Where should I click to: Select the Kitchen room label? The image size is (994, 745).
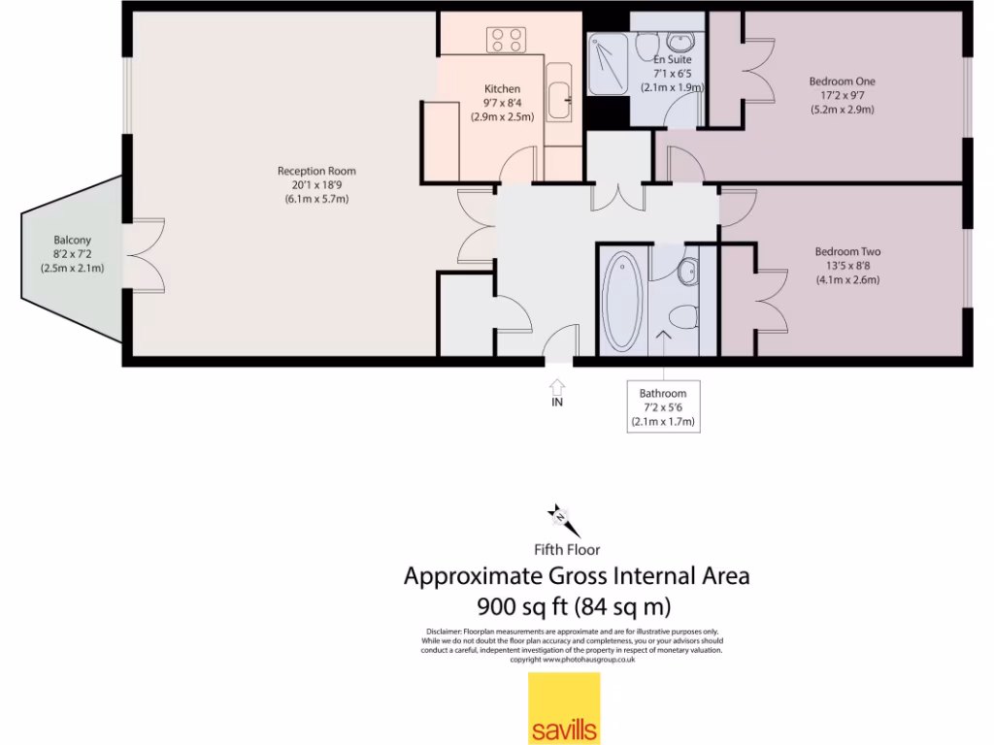click(502, 89)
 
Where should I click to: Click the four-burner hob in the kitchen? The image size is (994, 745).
click(505, 39)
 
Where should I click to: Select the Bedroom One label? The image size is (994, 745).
click(842, 81)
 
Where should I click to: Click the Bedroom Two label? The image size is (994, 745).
click(847, 252)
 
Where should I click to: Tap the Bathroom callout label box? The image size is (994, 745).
click(663, 406)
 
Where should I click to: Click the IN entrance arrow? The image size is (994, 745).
click(558, 387)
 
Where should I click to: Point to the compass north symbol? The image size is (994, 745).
click(561, 519)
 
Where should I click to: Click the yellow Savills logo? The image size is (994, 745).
click(563, 708)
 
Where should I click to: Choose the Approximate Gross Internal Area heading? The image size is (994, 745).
click(576, 576)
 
